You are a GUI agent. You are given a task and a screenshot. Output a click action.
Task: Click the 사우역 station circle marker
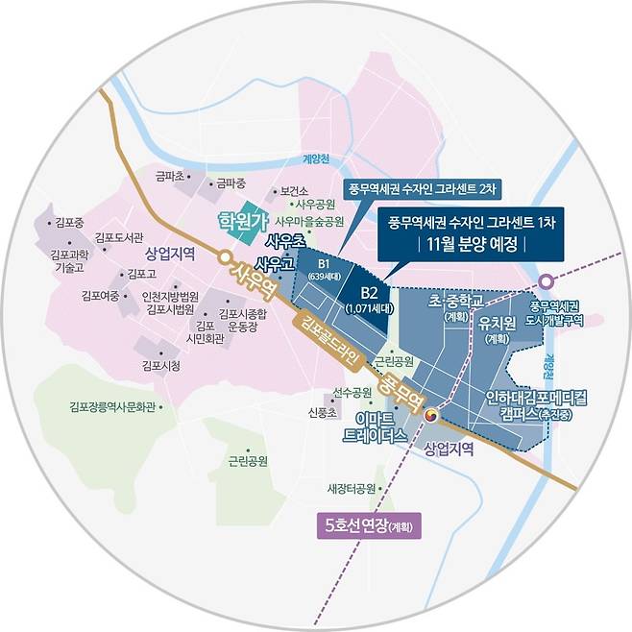224,256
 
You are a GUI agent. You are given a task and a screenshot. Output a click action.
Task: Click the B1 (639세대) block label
324,269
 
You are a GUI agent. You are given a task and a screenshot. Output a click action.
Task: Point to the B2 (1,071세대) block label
361,300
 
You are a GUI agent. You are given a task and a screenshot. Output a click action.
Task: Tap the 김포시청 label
159,365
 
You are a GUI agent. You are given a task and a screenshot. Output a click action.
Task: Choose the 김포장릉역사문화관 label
112,407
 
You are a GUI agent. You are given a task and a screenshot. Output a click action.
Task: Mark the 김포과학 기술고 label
70,262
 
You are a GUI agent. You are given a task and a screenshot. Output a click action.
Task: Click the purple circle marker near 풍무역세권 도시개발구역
546,281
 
